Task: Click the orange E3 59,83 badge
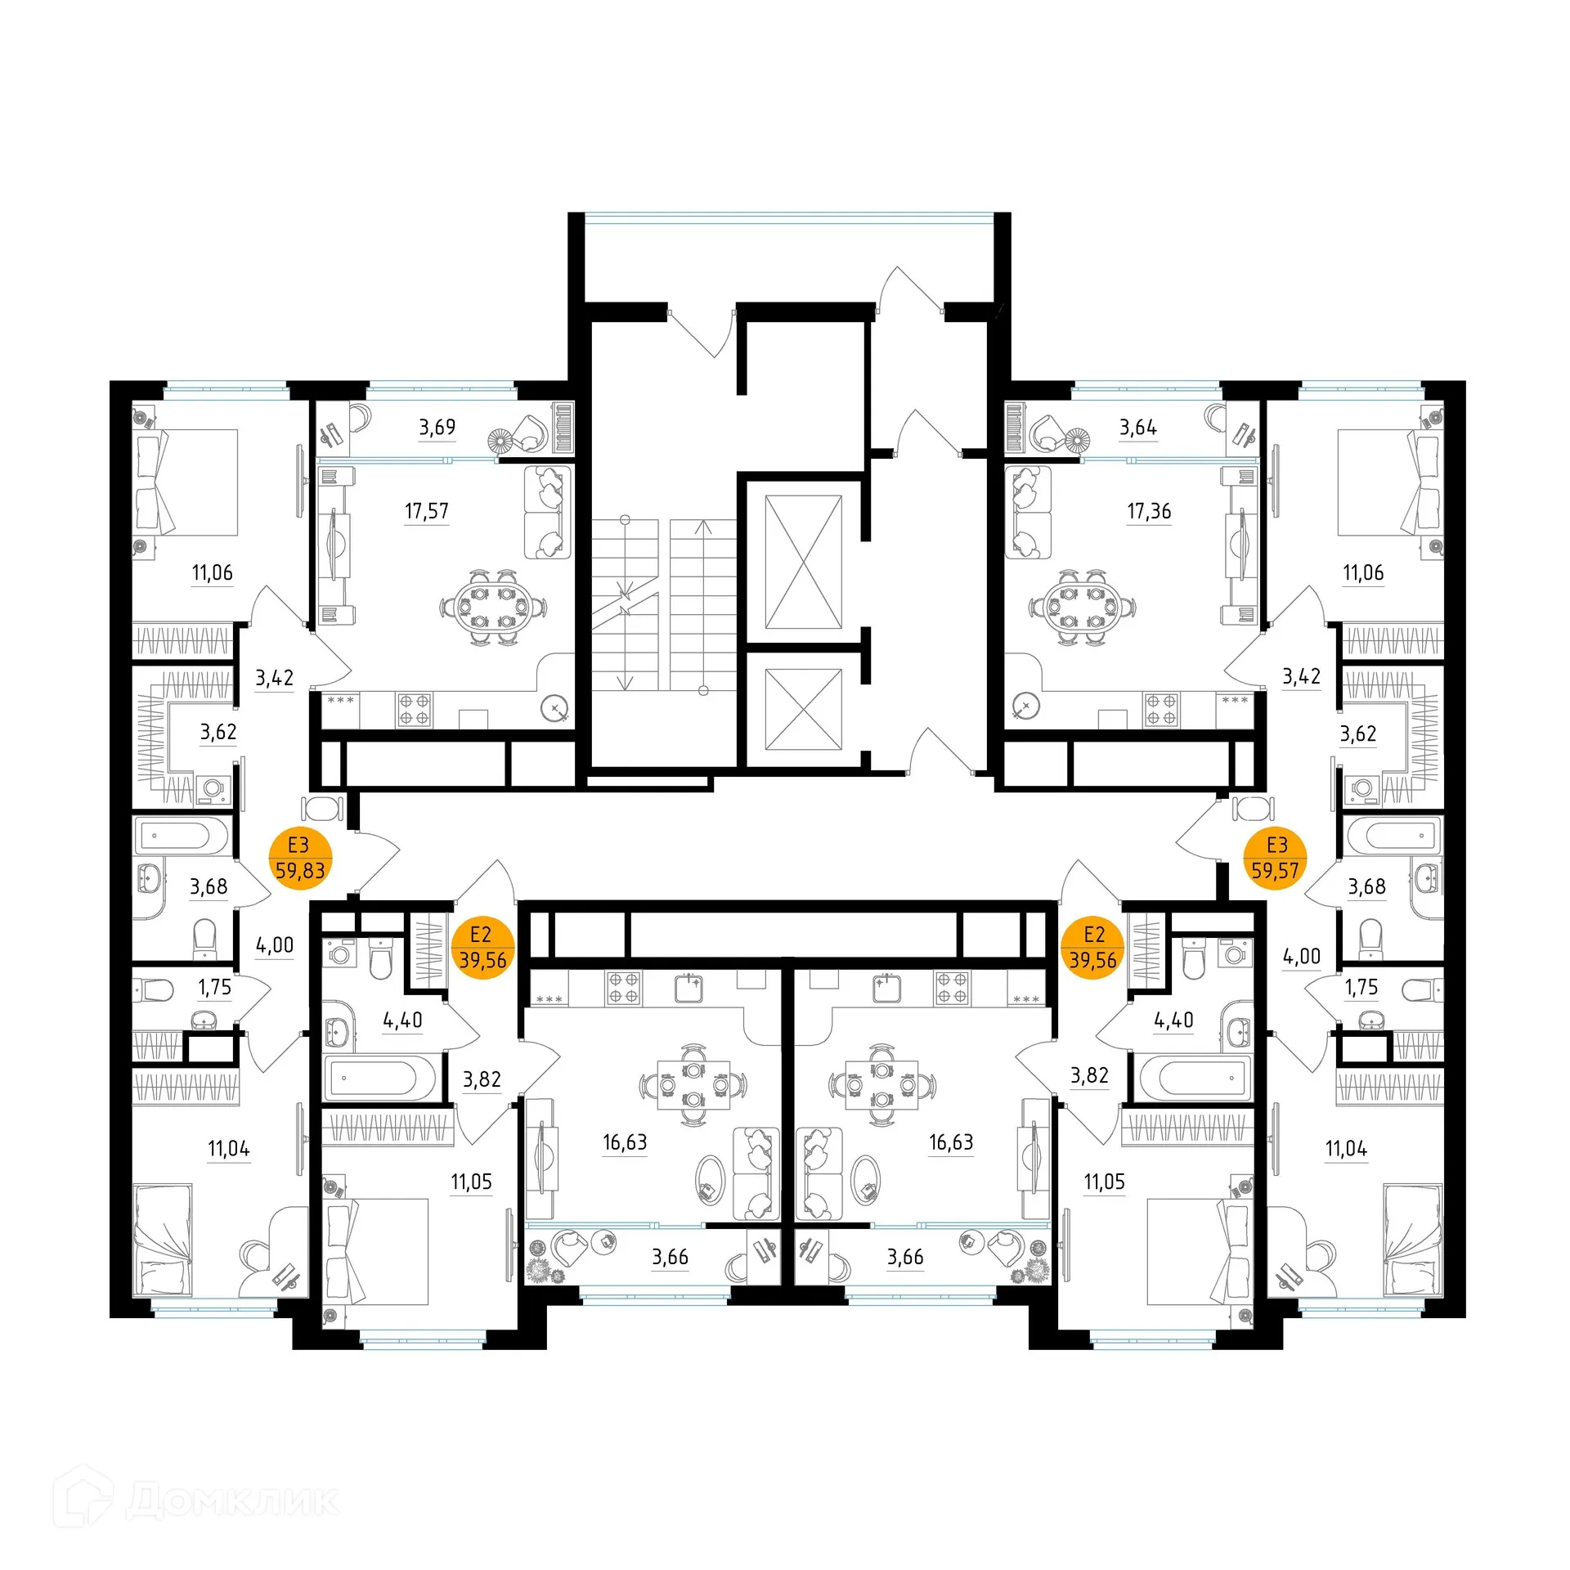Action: point(300,858)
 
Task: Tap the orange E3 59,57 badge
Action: point(1275,858)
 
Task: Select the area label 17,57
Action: point(426,511)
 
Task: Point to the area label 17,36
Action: point(1148,511)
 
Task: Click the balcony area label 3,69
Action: point(437,427)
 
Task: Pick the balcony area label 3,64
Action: point(1137,427)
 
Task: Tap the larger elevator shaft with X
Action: point(803,562)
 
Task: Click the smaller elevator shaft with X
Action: point(803,709)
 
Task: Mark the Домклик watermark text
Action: point(232,1500)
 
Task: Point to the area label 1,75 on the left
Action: point(214,987)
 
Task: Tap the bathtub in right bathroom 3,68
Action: point(1393,837)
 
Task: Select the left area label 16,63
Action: point(625,1142)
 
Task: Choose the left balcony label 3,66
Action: point(670,1257)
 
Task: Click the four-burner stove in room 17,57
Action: point(414,710)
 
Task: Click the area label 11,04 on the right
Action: point(1345,1149)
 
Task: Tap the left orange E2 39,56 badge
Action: point(482,948)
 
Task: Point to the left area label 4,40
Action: point(402,1020)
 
